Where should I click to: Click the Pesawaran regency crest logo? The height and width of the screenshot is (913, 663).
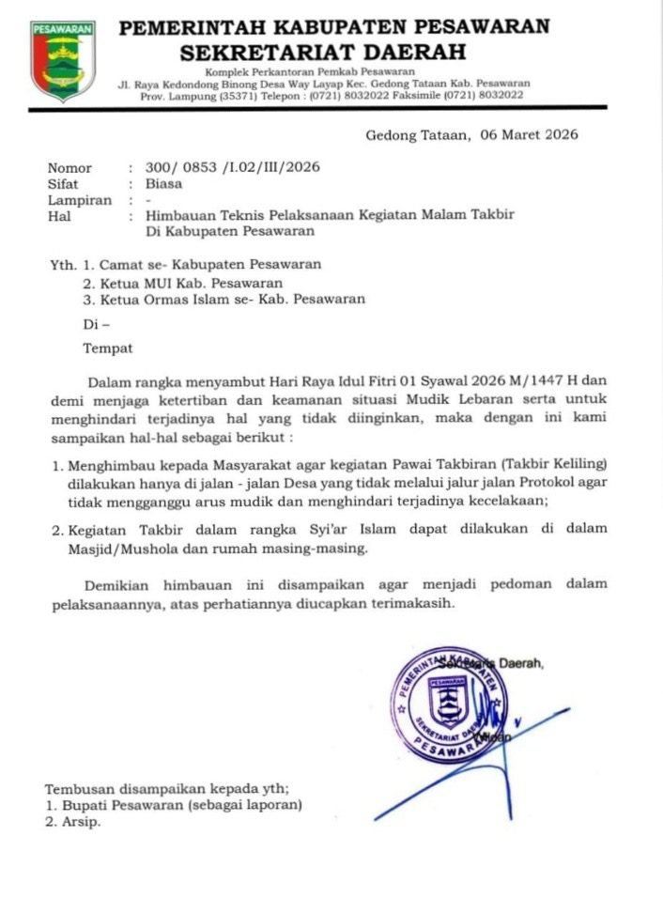[x=62, y=60]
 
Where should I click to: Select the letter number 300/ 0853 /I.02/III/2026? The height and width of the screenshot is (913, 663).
[x=234, y=168]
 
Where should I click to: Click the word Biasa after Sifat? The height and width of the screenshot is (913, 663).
[x=164, y=184]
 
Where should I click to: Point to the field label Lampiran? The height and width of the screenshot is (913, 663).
[x=79, y=200]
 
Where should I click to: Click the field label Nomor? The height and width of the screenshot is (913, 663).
[x=69, y=168]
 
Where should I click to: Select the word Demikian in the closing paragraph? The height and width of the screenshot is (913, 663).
[x=116, y=584]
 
